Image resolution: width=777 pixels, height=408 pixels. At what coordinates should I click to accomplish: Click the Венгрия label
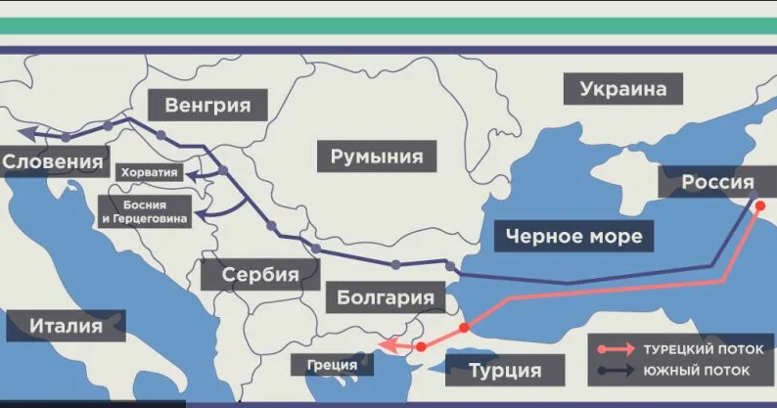click(207, 105)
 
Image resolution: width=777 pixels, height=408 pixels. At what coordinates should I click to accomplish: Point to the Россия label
click(717, 182)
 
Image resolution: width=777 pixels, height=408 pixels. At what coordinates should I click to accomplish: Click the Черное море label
click(574, 236)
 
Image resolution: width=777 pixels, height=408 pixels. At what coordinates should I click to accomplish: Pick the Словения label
click(53, 161)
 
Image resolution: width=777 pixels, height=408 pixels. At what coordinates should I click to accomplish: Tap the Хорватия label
click(150, 173)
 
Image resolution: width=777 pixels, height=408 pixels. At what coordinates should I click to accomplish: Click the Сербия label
click(259, 274)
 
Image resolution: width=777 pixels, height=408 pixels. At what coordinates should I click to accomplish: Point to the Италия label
click(66, 326)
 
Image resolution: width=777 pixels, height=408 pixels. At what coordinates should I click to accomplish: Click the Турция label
click(505, 371)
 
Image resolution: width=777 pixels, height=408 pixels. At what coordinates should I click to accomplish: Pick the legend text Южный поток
click(696, 371)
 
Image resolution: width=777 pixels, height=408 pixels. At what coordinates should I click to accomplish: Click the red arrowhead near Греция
click(385, 344)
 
